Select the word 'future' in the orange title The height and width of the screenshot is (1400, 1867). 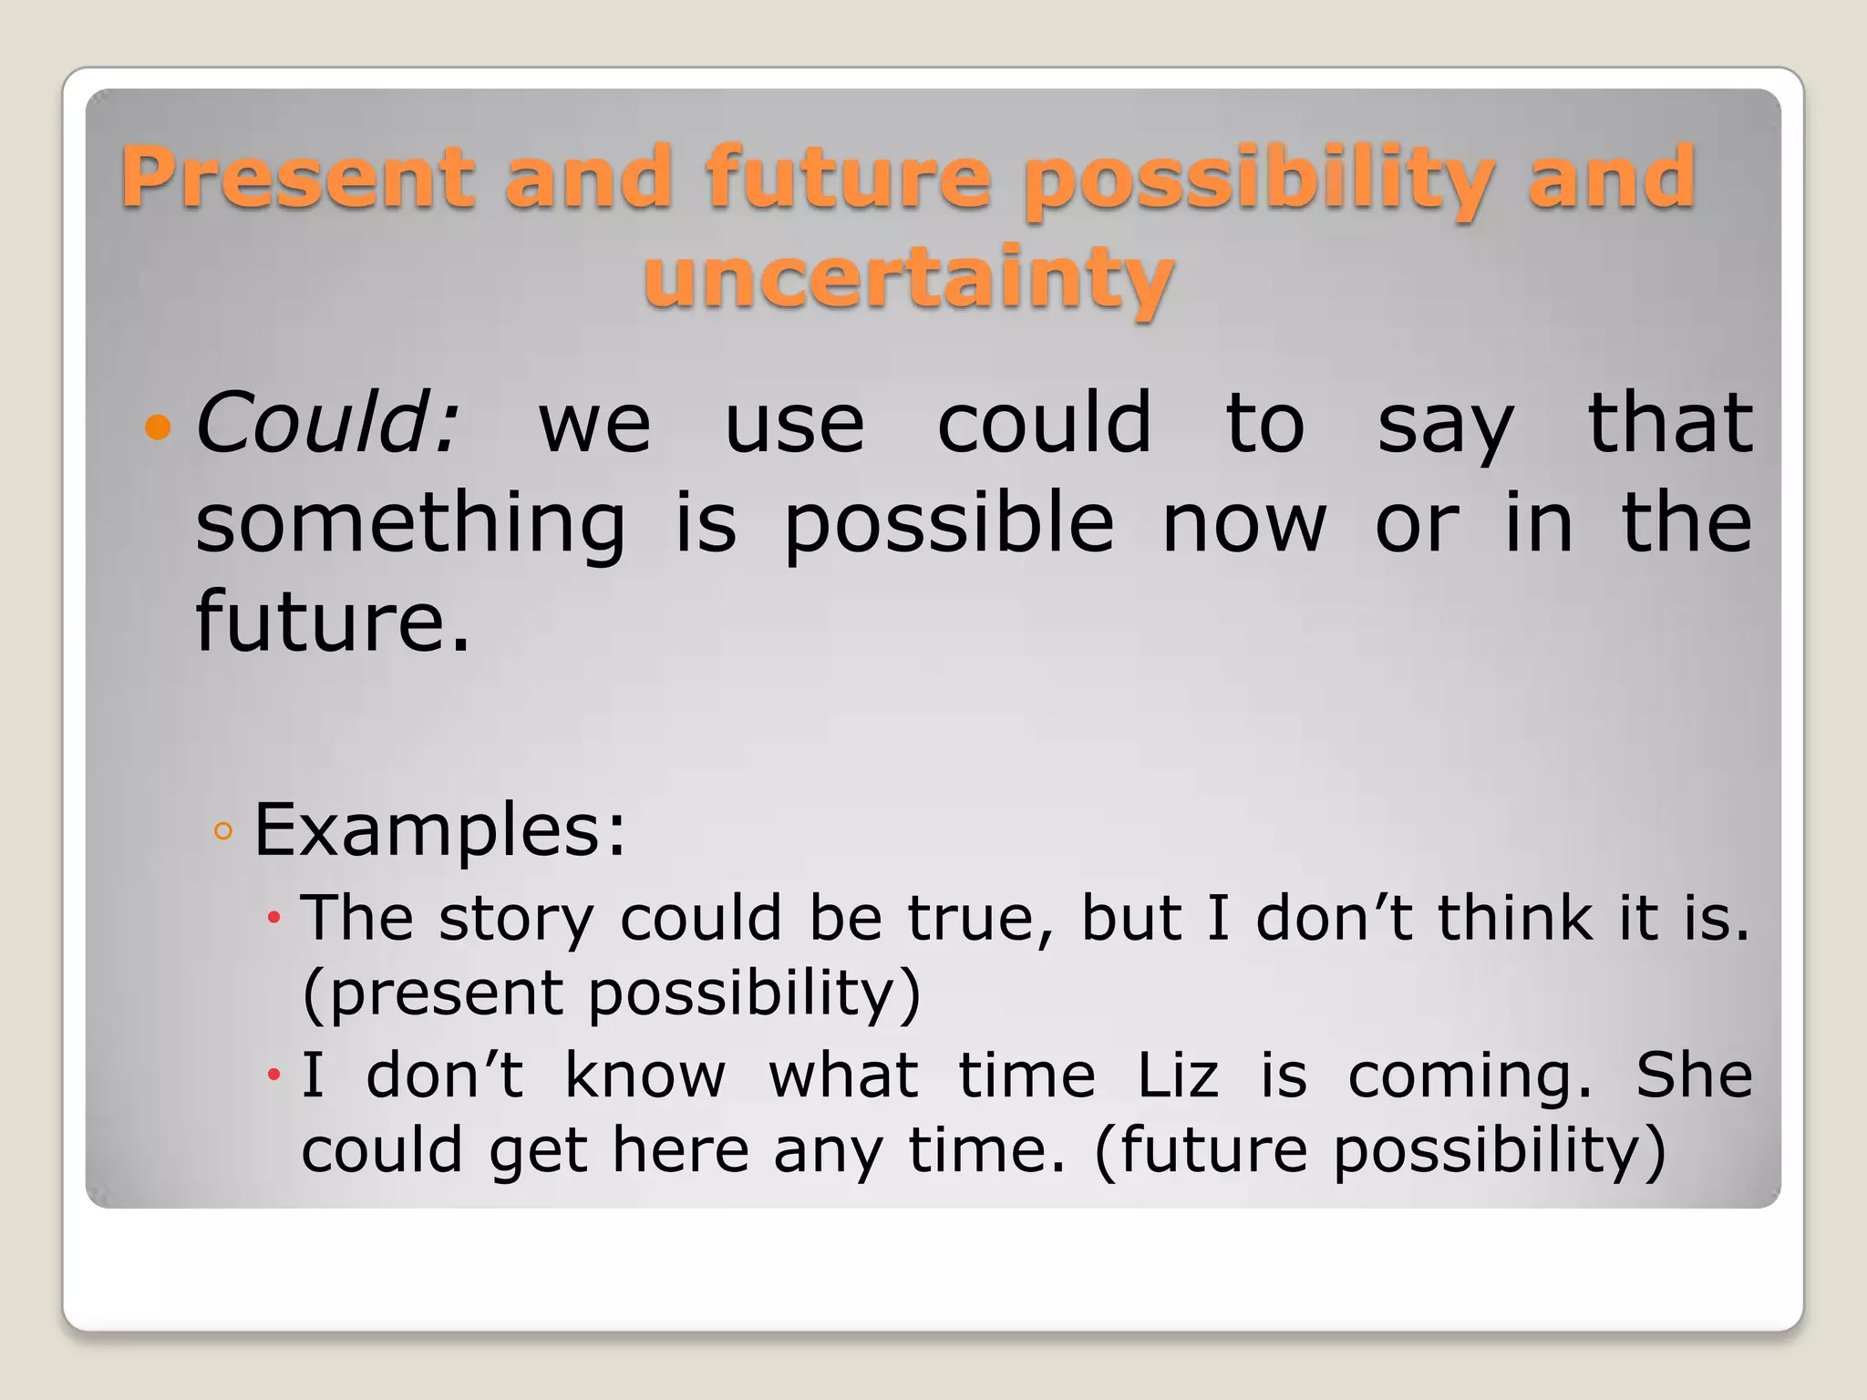(x=848, y=178)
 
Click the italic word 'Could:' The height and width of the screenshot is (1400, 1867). (x=327, y=423)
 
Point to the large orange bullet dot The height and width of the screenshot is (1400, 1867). (x=159, y=427)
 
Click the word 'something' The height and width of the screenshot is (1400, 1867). (x=411, y=524)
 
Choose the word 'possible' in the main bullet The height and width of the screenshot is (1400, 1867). (x=949, y=524)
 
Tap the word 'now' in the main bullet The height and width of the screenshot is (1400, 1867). (x=1244, y=524)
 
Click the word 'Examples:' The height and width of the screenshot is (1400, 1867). (x=440, y=829)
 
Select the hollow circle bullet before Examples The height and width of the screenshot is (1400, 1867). (x=223, y=831)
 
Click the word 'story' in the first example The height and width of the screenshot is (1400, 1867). (x=516, y=919)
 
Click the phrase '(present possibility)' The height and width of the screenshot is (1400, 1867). (x=612, y=993)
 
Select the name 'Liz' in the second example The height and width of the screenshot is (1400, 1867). (x=1177, y=1076)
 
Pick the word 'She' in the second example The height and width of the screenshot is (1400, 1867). (x=1694, y=1076)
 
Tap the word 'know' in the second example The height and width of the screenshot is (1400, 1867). (x=645, y=1076)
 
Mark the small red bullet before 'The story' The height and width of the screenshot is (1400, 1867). (x=273, y=918)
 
